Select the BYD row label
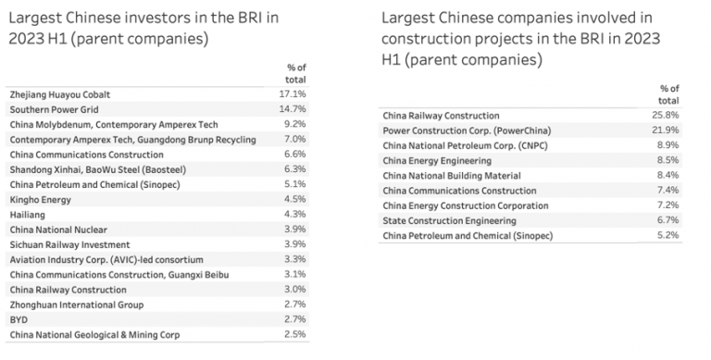click(18, 319)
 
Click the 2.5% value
click(295, 334)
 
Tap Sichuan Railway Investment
click(62, 243)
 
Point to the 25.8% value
click(666, 115)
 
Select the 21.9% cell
click(666, 130)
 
